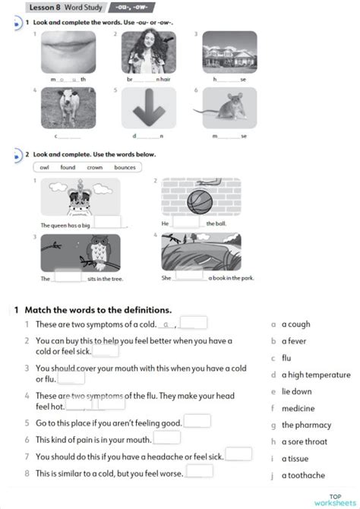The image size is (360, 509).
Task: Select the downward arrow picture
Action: (x=149, y=107)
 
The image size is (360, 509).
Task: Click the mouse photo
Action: (x=229, y=107)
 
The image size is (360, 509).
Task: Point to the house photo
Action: (x=229, y=52)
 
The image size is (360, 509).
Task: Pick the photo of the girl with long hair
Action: (x=149, y=52)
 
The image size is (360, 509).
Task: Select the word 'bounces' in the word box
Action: (x=125, y=167)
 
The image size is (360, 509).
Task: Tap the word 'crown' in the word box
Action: (x=95, y=167)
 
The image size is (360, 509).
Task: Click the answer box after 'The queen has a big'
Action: (x=108, y=222)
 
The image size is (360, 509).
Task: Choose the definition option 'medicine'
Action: (x=298, y=408)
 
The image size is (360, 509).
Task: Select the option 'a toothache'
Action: (x=303, y=476)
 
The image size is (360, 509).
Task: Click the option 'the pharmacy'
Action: (x=306, y=425)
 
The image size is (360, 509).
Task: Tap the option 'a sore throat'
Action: (x=305, y=441)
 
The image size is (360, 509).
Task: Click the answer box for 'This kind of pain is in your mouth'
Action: (x=167, y=437)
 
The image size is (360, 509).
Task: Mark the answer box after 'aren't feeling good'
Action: (x=197, y=420)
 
